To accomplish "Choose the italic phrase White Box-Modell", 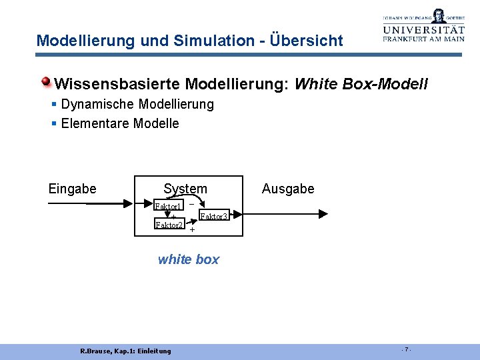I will click(361, 85).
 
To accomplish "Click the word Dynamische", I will click(93, 105).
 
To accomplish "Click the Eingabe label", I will click(72, 189).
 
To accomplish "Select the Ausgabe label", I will click(288, 189).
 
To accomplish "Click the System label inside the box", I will click(185, 189).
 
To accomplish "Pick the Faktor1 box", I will click(169, 205).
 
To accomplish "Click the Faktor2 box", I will click(169, 225).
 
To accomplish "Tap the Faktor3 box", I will click(215, 216).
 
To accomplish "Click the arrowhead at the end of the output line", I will click(323, 214).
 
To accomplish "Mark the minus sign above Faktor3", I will click(191, 203).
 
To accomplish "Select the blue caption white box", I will click(188, 259).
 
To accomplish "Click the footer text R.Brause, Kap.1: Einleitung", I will click(125, 351).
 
